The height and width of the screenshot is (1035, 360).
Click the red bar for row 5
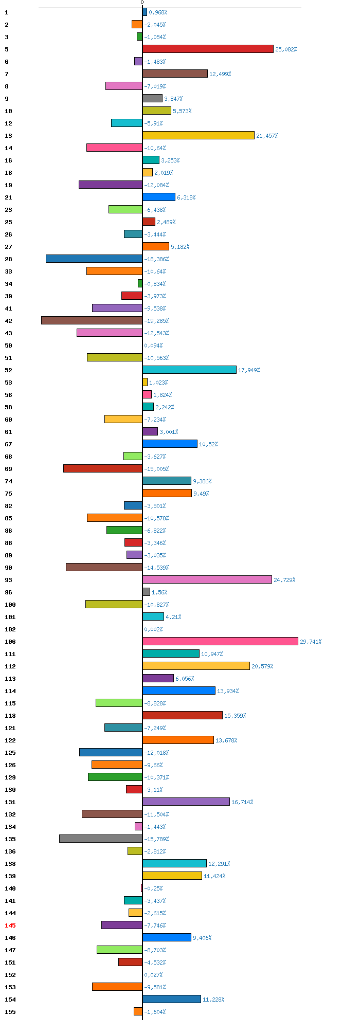click(208, 49)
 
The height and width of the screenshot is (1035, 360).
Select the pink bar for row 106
click(220, 641)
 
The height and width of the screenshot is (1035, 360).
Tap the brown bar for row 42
click(92, 320)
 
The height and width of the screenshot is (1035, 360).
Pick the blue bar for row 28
click(94, 259)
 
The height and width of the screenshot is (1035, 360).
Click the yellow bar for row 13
click(199, 135)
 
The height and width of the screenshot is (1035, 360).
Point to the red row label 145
click(10, 925)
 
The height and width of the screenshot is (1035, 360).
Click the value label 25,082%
click(286, 49)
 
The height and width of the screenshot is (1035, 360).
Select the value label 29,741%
click(311, 642)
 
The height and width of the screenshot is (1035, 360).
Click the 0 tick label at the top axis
click(142, 3)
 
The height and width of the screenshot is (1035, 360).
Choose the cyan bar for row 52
click(189, 370)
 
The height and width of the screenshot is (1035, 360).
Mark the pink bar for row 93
click(207, 579)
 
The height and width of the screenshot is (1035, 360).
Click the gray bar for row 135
click(101, 839)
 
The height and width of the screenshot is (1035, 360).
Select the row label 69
click(8, 469)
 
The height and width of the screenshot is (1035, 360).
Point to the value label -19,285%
click(156, 321)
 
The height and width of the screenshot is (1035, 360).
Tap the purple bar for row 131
click(186, 802)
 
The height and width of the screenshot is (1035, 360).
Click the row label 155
click(10, 1012)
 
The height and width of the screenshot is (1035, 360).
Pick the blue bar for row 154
click(172, 999)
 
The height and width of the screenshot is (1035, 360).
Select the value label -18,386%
click(156, 259)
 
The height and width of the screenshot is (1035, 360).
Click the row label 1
click(6, 12)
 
